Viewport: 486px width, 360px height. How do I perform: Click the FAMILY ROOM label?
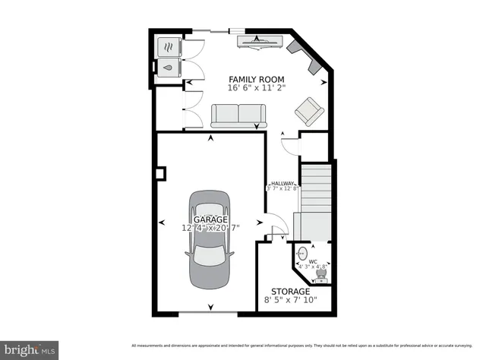click(257, 79)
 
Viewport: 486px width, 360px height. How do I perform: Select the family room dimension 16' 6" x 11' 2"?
click(257, 88)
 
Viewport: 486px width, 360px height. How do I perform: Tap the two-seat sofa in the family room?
click(238, 115)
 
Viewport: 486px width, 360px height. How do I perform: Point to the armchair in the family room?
click(309, 111)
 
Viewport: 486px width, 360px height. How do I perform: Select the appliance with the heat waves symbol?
click(167, 46)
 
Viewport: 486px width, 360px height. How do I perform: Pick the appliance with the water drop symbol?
click(167, 66)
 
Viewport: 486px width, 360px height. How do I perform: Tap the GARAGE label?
click(210, 219)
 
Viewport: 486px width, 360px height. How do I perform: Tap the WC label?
click(312, 261)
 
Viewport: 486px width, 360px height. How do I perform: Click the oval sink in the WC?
click(302, 252)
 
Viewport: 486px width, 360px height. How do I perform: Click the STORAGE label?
click(290, 292)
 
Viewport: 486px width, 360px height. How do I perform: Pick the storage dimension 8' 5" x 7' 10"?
click(290, 301)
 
